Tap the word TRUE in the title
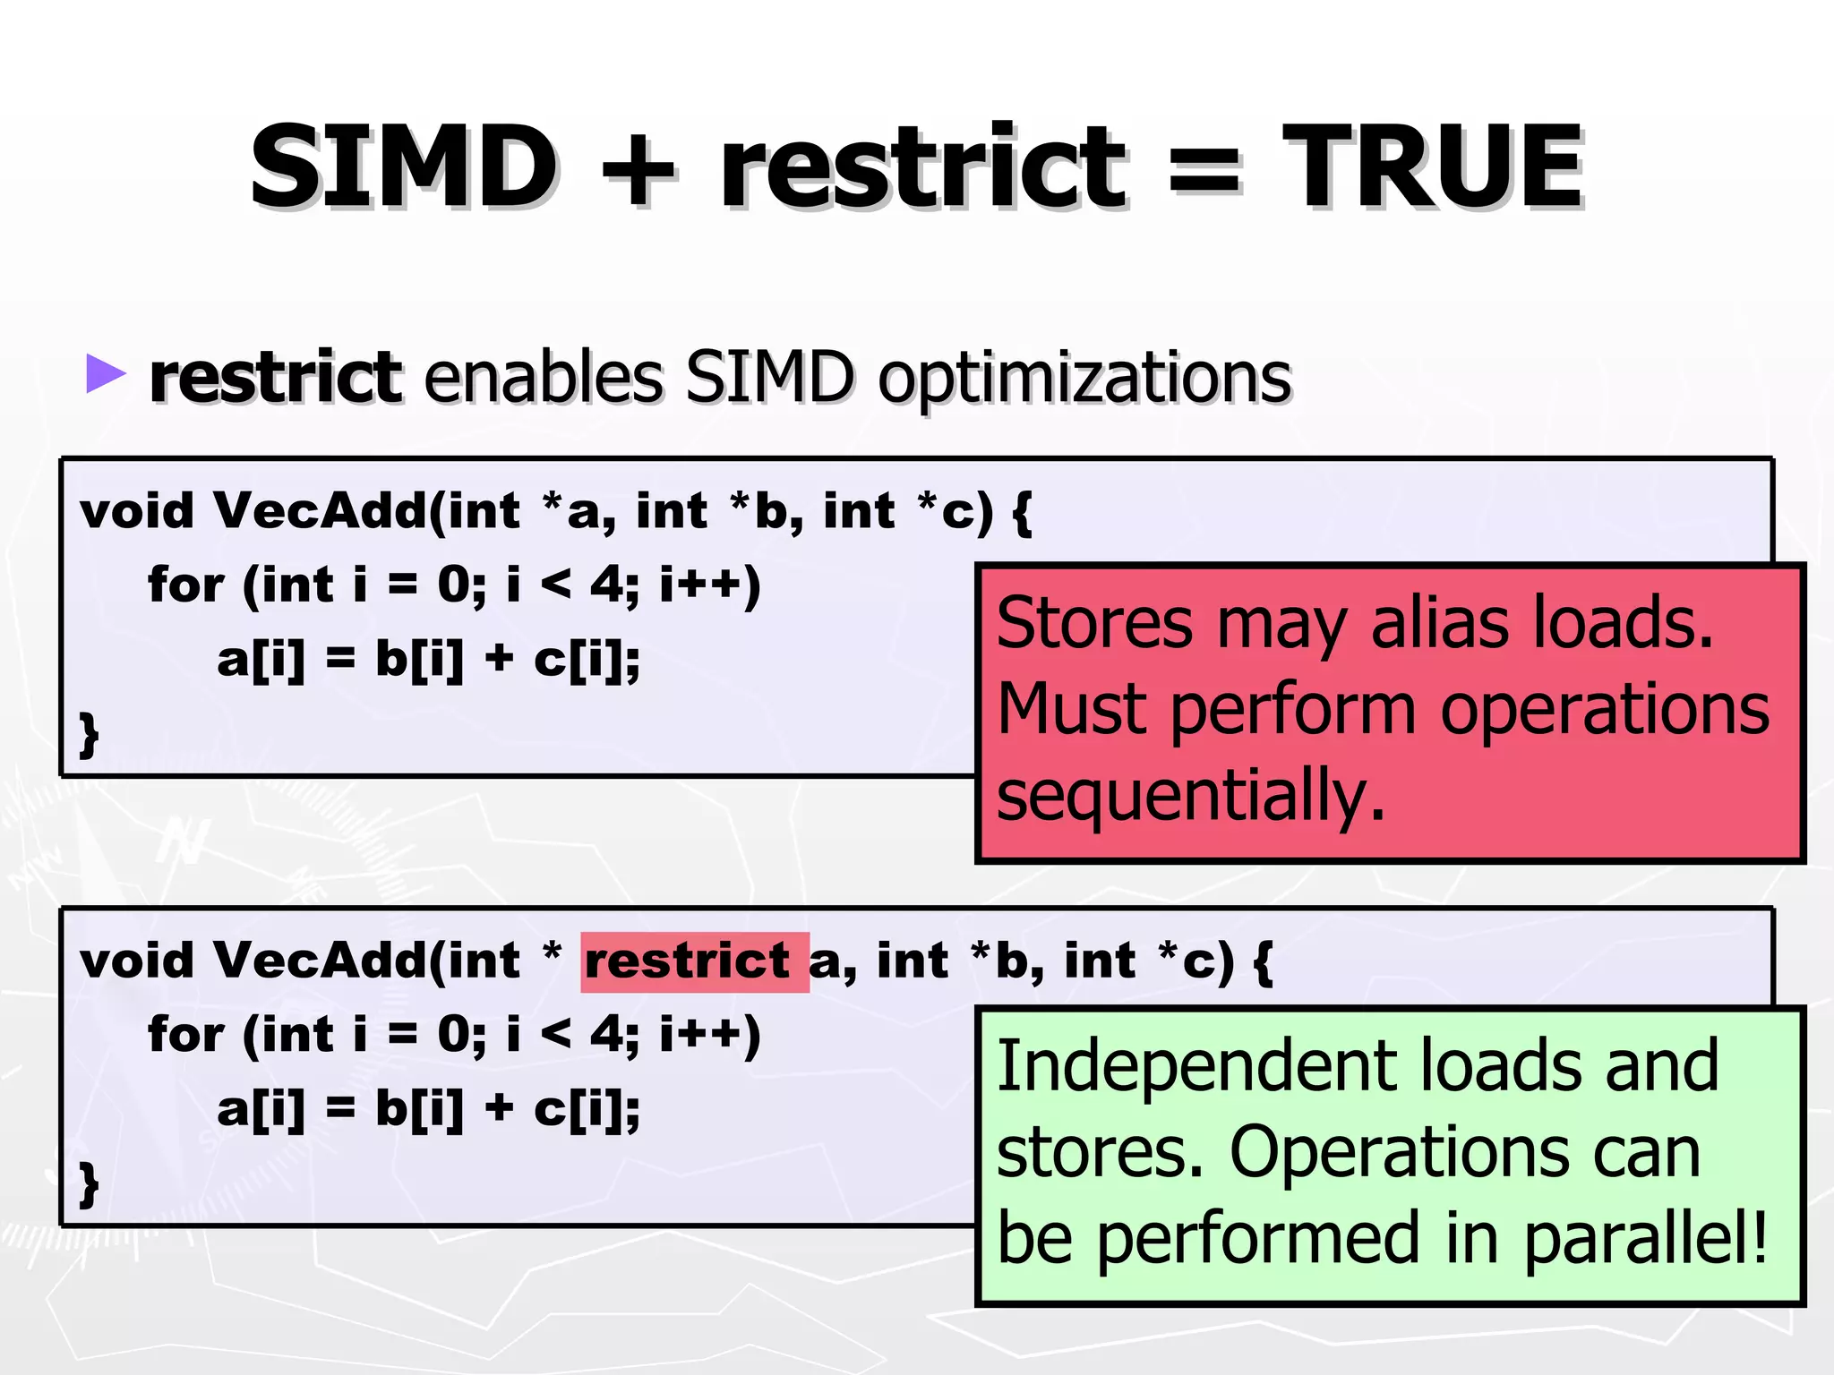(x=1433, y=167)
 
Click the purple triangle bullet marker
(x=106, y=373)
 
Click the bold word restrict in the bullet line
(x=275, y=377)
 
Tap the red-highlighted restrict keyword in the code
(x=687, y=961)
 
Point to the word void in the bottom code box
(x=136, y=961)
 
